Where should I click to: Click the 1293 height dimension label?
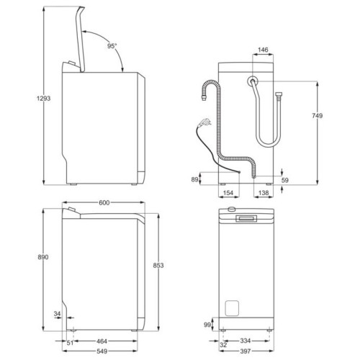(x=43, y=98)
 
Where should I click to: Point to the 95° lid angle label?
(x=112, y=46)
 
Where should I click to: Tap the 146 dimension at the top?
(x=263, y=50)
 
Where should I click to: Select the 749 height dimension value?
(x=318, y=116)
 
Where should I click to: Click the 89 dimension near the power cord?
(x=194, y=179)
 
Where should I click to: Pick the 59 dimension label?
(x=285, y=180)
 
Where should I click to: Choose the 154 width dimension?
(x=228, y=193)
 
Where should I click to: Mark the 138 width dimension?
(x=264, y=193)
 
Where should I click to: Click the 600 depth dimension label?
(x=104, y=203)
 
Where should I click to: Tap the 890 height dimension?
(x=43, y=257)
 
